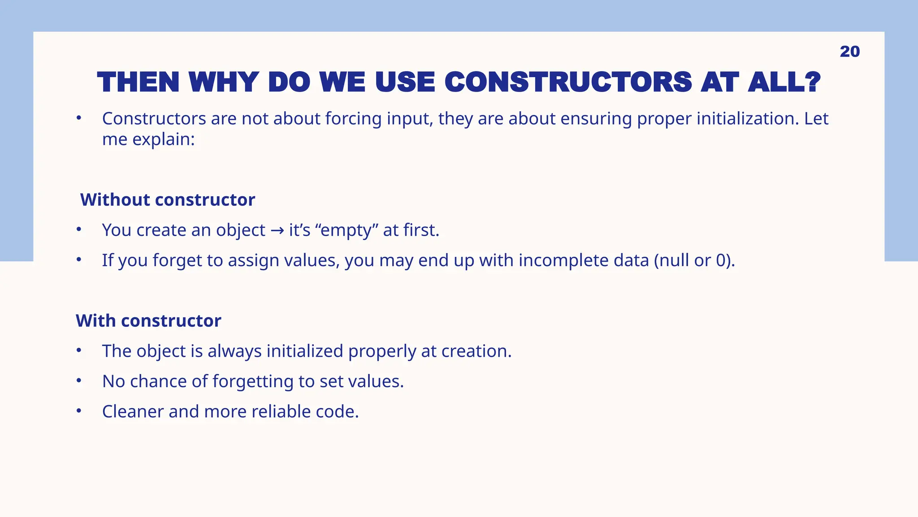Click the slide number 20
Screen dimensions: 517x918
[x=849, y=52]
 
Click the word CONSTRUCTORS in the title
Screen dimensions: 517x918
[x=568, y=83]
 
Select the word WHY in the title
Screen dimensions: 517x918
[x=223, y=83]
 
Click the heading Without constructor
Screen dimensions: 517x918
[x=167, y=200]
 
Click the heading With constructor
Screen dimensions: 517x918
[x=148, y=321]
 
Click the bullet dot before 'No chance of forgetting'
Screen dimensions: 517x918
[x=79, y=381]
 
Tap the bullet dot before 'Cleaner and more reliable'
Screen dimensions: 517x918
[x=79, y=411]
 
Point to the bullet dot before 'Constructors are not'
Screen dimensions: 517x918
[x=79, y=118]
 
